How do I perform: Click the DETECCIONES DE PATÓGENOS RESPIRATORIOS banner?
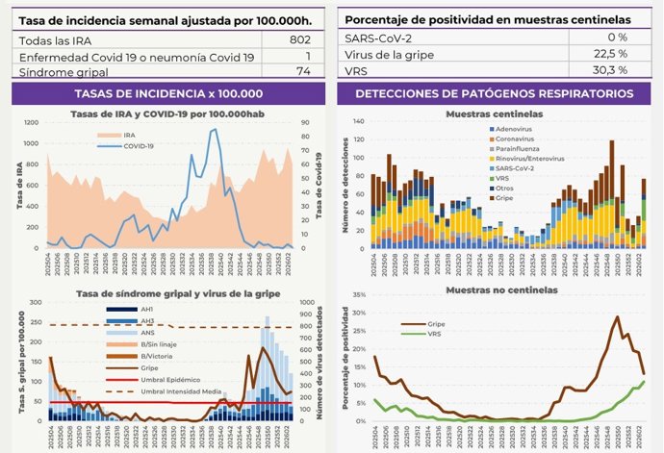pyautogui.click(x=493, y=93)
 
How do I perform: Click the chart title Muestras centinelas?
pyautogui.click(x=493, y=114)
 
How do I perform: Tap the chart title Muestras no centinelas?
pyautogui.click(x=493, y=289)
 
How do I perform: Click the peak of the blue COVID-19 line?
pyautogui.click(x=214, y=130)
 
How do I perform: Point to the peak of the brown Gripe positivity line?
pyautogui.click(x=617, y=316)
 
